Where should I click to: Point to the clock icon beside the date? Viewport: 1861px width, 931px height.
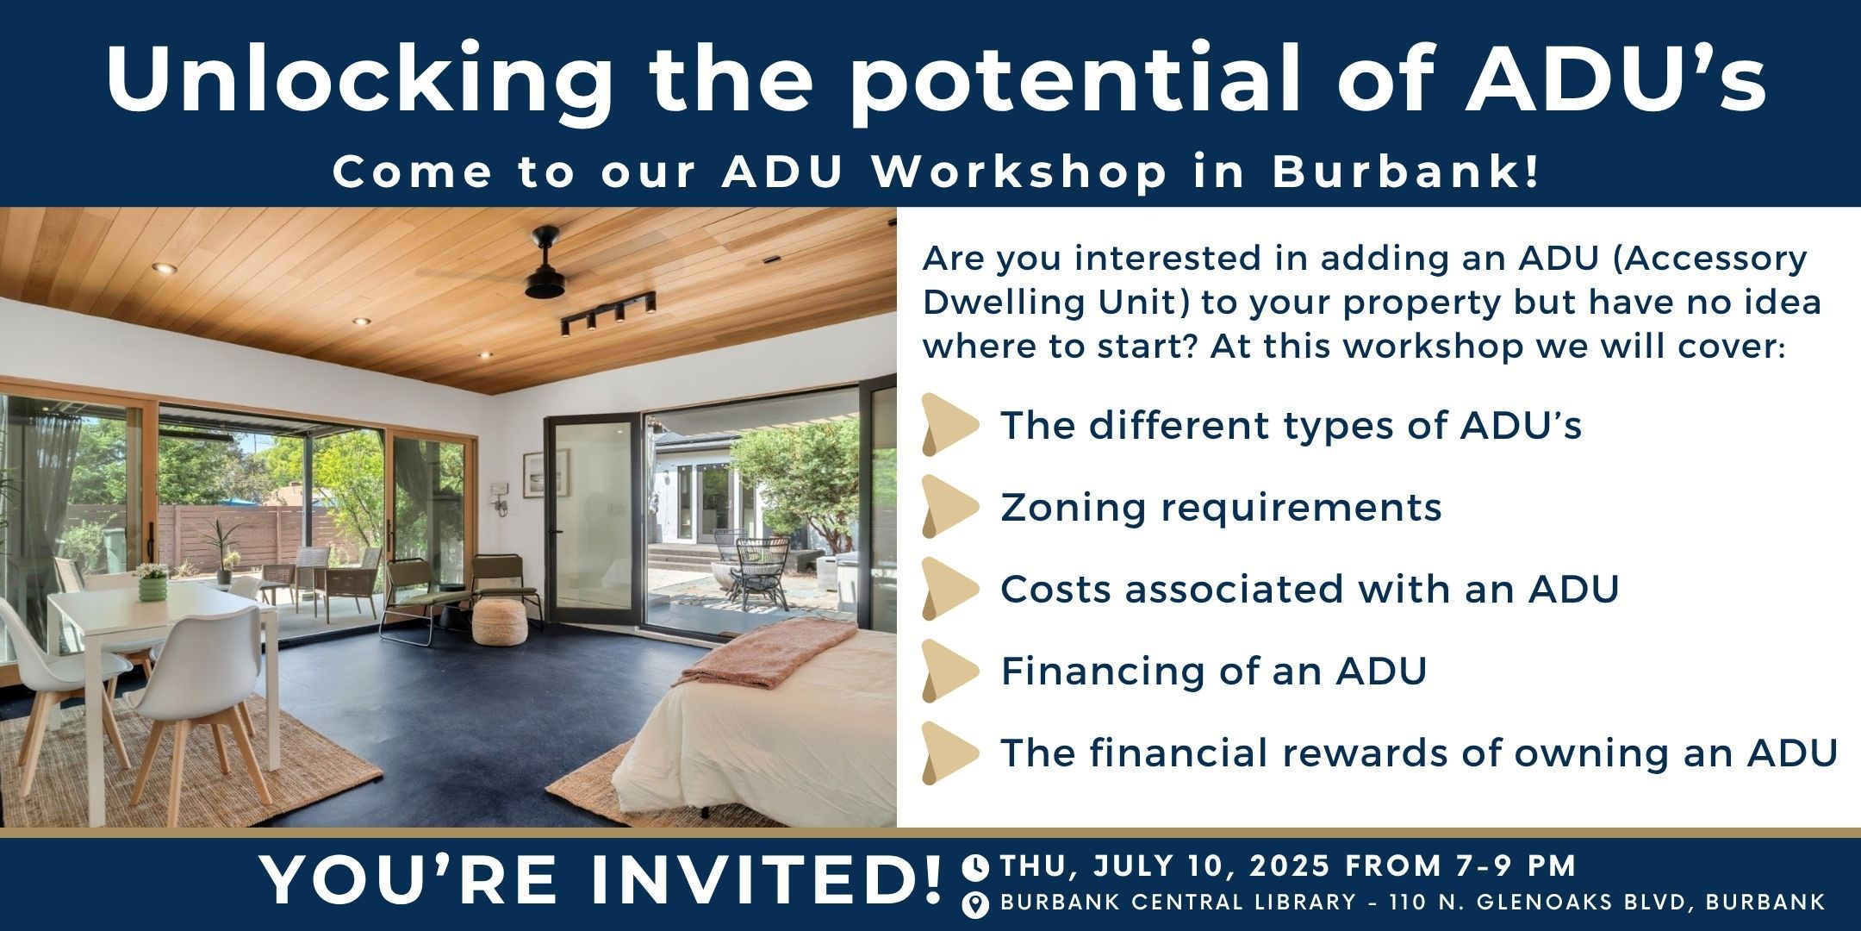pos(975,865)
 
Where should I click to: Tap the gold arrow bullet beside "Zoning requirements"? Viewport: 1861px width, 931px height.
pos(950,506)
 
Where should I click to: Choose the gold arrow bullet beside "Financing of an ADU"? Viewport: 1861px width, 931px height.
pos(950,671)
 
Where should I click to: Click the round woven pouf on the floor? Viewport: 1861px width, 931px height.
pos(501,622)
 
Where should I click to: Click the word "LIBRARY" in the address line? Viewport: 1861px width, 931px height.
pos(1299,903)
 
